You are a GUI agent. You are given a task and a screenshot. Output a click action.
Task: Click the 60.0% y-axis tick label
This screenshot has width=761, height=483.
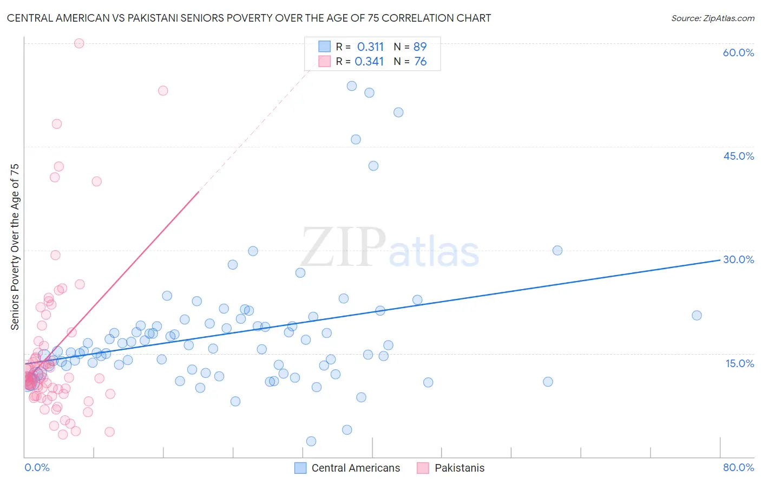(x=738, y=53)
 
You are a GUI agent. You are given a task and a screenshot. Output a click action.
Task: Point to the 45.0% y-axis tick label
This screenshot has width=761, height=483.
(x=738, y=156)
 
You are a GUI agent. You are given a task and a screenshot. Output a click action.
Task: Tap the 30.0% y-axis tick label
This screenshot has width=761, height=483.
(x=738, y=259)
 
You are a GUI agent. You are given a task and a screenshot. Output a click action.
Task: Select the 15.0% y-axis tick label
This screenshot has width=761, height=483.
(x=739, y=363)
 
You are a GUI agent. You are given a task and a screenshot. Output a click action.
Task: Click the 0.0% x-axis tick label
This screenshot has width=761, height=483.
(x=37, y=467)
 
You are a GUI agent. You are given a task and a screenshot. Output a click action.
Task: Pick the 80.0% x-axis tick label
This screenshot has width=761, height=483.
(x=738, y=467)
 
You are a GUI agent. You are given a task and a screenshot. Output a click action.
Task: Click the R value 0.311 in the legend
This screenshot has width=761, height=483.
(x=370, y=47)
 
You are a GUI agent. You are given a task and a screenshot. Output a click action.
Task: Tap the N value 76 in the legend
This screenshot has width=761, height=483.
(x=421, y=62)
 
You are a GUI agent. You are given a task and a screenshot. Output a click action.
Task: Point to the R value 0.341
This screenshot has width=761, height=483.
(x=369, y=62)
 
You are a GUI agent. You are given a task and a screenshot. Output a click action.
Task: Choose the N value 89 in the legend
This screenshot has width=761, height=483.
(x=420, y=47)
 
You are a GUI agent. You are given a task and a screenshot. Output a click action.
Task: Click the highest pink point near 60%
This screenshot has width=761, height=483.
(x=79, y=43)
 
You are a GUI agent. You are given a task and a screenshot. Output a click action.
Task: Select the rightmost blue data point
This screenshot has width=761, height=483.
(x=697, y=315)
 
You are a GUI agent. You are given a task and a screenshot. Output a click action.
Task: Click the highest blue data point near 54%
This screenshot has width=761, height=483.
(x=352, y=86)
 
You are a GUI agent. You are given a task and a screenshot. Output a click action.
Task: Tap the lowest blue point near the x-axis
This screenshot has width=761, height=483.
(x=311, y=441)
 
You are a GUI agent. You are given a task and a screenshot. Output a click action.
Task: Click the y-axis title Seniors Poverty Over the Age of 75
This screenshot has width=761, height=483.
(x=15, y=247)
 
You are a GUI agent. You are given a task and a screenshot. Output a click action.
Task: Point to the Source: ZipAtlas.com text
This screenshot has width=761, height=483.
(x=712, y=18)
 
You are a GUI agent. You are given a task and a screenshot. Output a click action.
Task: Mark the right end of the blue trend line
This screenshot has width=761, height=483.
(x=720, y=260)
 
